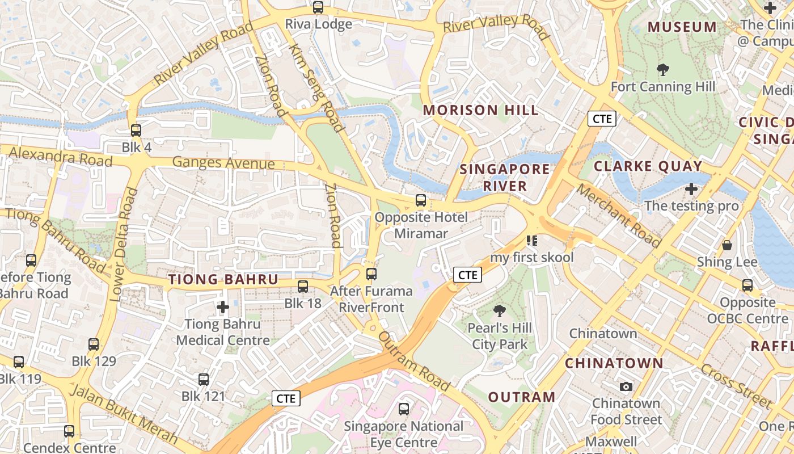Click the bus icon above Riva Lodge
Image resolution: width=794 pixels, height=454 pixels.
(x=318, y=7)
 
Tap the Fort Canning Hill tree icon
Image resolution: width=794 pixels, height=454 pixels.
(x=662, y=70)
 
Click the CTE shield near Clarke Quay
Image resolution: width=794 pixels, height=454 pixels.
(x=601, y=119)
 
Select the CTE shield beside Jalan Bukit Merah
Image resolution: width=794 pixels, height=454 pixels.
(x=285, y=398)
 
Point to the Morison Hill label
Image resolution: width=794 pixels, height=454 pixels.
(x=481, y=110)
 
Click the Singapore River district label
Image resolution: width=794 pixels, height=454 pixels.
(x=505, y=177)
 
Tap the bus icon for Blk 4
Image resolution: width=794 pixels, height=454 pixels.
(x=136, y=131)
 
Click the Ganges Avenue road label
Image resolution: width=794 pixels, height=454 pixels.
(x=223, y=163)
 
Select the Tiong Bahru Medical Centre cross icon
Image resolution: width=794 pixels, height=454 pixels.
(x=223, y=308)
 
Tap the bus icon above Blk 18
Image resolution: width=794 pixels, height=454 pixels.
(x=303, y=287)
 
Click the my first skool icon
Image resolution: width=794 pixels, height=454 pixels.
(x=531, y=241)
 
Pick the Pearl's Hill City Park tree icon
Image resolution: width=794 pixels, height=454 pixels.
(x=500, y=311)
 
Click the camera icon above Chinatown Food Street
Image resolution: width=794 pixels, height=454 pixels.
(x=626, y=387)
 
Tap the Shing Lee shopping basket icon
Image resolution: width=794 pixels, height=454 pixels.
(x=727, y=245)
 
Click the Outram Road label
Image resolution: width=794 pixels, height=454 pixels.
(x=414, y=362)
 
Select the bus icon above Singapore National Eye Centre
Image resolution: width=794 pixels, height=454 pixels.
(x=404, y=409)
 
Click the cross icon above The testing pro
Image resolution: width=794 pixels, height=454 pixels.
(x=691, y=189)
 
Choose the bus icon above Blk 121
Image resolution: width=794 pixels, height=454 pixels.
(x=204, y=380)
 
